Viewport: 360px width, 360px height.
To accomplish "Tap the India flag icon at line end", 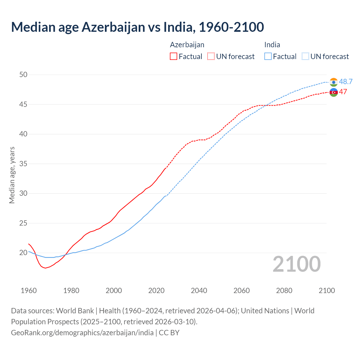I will (334, 82).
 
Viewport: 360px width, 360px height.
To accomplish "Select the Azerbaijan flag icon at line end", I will (334, 92).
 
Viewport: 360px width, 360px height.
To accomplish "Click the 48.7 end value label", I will (346, 82).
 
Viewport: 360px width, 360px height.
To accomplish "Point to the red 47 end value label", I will (343, 92).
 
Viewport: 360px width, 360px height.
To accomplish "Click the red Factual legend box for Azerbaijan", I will (174, 57).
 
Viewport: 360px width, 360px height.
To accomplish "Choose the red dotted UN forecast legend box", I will (211, 57).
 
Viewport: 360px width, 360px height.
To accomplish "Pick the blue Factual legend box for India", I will (268, 57).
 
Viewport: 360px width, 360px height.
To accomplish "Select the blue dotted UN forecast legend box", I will (305, 57).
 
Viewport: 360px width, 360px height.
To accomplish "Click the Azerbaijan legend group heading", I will (187, 45).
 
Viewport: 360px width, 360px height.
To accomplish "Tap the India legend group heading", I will (272, 45).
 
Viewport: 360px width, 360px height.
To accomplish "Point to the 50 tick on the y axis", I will (23, 75).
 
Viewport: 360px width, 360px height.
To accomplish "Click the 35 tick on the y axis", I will (23, 164).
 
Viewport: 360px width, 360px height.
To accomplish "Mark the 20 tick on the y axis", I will (23, 253).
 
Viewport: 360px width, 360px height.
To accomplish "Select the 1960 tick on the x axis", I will (29, 291).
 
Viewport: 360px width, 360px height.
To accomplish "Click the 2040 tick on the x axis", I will (199, 291).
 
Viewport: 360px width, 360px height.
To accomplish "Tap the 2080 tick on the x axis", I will (284, 291).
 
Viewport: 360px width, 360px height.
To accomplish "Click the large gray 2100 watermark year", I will (296, 264).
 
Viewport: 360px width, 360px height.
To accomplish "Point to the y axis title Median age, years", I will (12, 175).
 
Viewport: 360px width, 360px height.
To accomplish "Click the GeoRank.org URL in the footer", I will (82, 333).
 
